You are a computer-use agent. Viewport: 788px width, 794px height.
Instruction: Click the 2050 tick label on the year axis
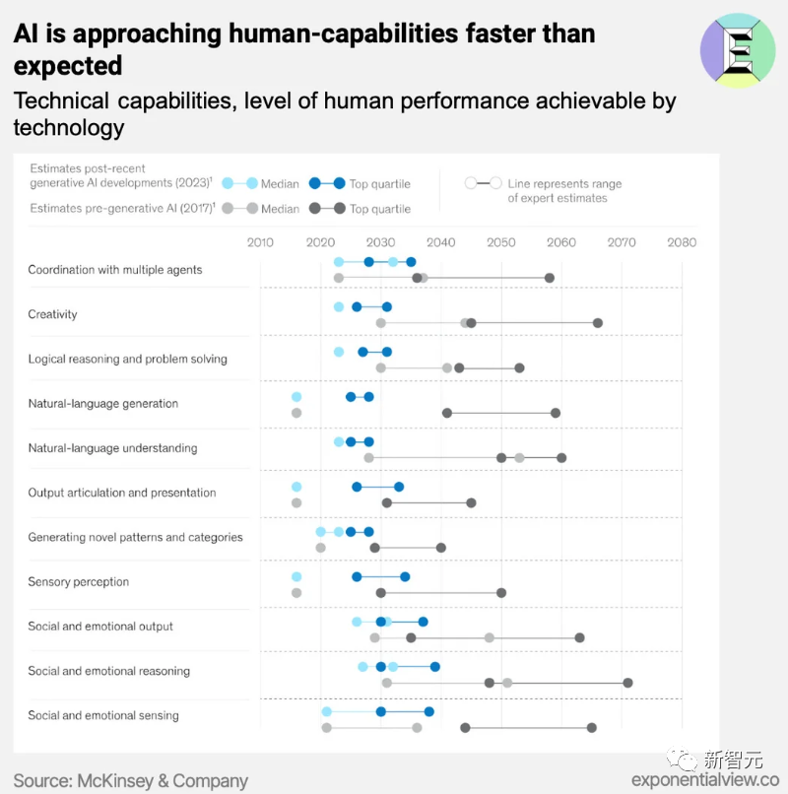(x=500, y=242)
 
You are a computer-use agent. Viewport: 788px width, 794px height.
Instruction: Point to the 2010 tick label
(x=260, y=242)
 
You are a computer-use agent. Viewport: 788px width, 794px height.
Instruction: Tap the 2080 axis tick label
(x=681, y=242)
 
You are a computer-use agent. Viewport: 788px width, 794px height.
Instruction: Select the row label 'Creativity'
(x=52, y=314)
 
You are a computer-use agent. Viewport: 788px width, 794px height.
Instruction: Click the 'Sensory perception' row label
(x=78, y=581)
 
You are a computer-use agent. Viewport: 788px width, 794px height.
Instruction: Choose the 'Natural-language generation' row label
(x=102, y=403)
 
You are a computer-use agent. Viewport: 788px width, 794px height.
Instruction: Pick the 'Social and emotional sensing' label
(x=103, y=715)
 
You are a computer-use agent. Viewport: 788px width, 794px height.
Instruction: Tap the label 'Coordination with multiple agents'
(x=114, y=270)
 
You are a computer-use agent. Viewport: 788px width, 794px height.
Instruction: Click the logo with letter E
(x=738, y=50)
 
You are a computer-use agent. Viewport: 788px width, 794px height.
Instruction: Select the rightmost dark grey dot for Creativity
(x=597, y=323)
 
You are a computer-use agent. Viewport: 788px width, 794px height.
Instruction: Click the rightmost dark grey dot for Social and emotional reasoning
(x=627, y=683)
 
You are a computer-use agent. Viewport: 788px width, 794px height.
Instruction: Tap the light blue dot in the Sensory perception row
(x=296, y=577)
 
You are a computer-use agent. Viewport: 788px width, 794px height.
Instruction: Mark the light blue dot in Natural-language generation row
(x=296, y=397)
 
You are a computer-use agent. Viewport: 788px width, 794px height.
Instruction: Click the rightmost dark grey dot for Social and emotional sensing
(x=591, y=727)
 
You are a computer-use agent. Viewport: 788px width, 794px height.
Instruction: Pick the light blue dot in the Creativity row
(x=339, y=307)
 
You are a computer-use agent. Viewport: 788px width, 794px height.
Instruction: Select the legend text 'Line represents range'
(x=564, y=184)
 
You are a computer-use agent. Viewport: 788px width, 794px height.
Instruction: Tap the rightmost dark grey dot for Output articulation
(x=471, y=502)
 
